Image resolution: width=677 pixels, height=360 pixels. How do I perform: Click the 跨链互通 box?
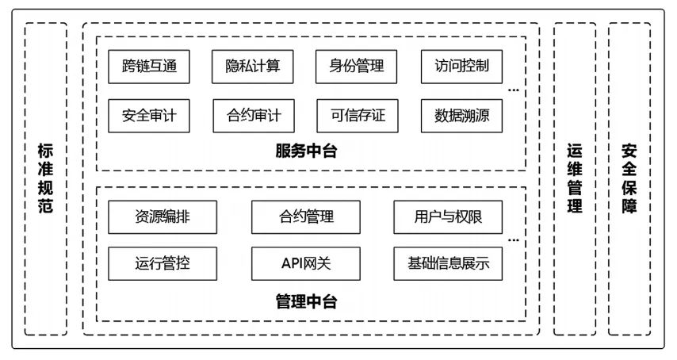[149, 67]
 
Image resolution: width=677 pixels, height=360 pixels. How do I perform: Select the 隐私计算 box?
[253, 67]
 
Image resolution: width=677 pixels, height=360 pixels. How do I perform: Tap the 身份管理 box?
[357, 67]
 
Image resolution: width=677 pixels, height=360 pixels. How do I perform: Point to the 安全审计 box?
[149, 116]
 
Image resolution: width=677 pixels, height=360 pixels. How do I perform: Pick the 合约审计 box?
[253, 116]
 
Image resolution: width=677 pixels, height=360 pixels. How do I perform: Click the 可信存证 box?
[357, 116]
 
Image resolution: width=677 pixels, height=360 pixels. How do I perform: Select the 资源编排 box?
[162, 216]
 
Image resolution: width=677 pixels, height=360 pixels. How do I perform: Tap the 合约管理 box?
[306, 216]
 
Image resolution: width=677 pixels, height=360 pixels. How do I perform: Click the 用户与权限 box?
[448, 216]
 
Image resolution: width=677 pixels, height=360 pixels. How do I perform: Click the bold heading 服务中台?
[306, 151]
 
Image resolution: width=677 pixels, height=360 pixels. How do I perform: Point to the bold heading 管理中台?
[306, 302]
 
